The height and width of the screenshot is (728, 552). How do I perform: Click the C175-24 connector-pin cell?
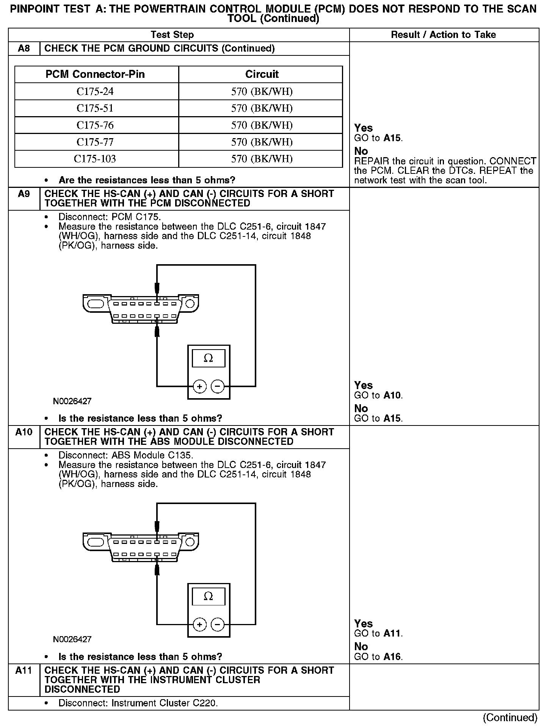tap(95, 91)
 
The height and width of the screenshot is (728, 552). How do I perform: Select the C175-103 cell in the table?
tap(95, 159)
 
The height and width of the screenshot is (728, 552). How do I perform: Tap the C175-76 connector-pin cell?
tap(95, 125)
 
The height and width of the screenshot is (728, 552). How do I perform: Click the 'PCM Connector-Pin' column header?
tap(95, 74)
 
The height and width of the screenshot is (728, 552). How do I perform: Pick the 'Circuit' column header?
tap(262, 74)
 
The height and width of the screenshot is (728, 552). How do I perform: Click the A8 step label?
tap(24, 49)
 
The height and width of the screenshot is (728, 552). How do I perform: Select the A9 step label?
tap(24, 194)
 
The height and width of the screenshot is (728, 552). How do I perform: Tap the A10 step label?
tap(24, 432)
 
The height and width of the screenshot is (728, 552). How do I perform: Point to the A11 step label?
tap(24, 670)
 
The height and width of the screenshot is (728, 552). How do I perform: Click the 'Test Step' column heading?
tap(172, 35)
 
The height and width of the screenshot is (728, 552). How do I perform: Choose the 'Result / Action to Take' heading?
tap(443, 35)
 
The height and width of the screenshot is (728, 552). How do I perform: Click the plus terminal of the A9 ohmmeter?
tap(199, 386)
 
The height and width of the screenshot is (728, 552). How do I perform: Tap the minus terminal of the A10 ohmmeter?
tap(217, 624)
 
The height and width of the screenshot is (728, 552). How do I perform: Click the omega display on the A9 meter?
tap(208, 358)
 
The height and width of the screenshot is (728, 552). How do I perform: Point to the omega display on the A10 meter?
tap(208, 596)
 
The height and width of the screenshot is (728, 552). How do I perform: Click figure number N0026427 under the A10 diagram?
tap(72, 639)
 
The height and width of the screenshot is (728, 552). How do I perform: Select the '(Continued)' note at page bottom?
tap(510, 717)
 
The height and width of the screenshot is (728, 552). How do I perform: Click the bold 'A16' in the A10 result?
tap(392, 657)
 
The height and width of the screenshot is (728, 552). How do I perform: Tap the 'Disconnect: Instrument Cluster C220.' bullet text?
tap(138, 703)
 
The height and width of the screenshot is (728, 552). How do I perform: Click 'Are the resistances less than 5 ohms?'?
tap(147, 180)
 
